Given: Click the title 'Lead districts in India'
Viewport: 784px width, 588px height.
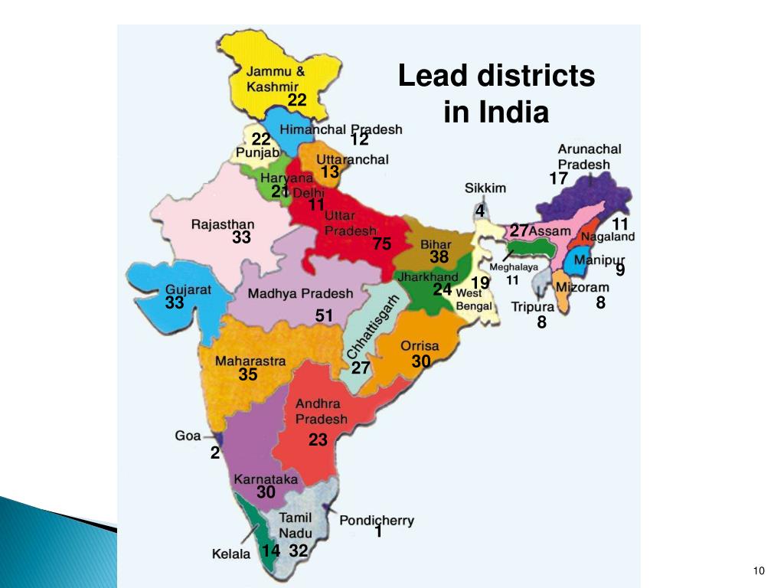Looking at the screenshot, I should [x=496, y=94].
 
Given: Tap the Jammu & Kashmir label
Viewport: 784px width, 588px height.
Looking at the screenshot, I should [x=275, y=79].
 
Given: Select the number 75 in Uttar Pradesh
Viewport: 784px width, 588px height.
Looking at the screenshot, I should [x=382, y=244].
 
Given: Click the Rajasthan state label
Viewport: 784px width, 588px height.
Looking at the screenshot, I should [x=222, y=224].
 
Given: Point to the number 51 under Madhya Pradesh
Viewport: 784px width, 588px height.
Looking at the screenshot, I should [x=325, y=315].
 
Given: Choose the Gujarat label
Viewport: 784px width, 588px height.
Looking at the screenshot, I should [x=188, y=290].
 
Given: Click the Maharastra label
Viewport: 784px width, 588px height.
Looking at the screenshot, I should [x=250, y=361].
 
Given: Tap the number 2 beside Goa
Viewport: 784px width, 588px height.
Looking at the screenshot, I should [x=215, y=453].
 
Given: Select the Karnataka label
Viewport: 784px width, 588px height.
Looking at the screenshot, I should [x=266, y=479].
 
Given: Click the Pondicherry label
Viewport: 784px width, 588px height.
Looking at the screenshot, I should [x=377, y=520].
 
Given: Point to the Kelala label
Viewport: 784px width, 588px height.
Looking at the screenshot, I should [x=231, y=554].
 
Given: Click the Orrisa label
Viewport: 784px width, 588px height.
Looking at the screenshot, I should [x=420, y=346].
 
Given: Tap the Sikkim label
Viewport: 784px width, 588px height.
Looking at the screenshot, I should [x=485, y=188].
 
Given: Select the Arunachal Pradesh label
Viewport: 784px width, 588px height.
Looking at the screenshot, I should [x=590, y=157].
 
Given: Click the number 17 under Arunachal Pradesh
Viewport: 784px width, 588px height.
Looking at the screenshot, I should [x=558, y=179].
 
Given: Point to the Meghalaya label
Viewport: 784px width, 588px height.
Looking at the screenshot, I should [x=514, y=267].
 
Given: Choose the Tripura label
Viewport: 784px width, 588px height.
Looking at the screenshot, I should [x=533, y=308].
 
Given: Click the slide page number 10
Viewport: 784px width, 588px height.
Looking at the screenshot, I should [x=759, y=570].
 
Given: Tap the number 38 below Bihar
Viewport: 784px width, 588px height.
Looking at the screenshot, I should [x=439, y=257].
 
